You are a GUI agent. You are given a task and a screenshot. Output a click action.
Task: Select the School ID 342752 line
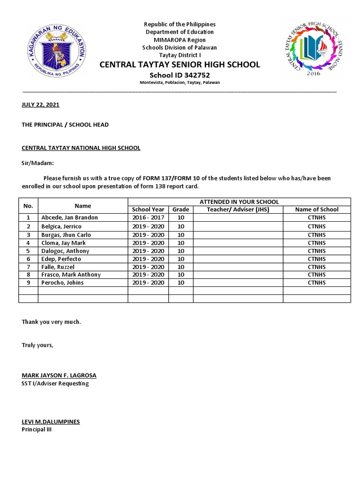[180, 75]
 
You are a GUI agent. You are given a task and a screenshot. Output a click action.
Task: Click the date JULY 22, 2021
[41, 105]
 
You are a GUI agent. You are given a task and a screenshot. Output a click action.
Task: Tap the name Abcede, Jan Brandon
[69, 218]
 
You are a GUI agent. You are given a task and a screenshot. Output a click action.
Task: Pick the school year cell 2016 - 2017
[148, 218]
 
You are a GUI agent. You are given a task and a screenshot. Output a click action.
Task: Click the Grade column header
[180, 210]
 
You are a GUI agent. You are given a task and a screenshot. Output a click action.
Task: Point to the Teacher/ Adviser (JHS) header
[238, 210]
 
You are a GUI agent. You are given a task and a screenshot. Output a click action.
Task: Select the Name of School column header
[316, 210]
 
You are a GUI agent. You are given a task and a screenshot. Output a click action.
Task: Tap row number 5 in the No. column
[28, 251]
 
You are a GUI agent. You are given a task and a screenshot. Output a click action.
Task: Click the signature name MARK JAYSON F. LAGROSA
[59, 375]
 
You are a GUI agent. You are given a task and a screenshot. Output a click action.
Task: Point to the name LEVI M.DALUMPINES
[51, 422]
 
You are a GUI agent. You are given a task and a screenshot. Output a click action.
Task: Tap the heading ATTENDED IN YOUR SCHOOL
[239, 202]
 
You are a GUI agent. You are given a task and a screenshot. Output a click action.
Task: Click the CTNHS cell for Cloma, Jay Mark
[316, 243]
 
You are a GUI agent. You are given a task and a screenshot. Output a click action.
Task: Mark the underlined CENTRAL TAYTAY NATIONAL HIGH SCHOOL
[81, 148]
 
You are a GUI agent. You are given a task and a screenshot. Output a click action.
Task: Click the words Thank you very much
[52, 322]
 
